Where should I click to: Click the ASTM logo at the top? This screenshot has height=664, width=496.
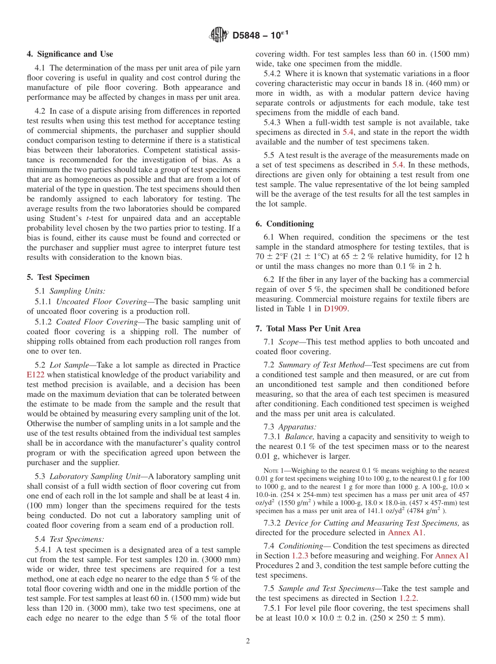[x=218, y=35]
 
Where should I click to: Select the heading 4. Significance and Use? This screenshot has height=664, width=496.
[x=69, y=54]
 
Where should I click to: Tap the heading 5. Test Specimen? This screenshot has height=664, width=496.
[x=58, y=277]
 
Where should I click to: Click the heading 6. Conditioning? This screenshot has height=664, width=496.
[x=285, y=223]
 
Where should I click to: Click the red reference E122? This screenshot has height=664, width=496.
[x=34, y=374]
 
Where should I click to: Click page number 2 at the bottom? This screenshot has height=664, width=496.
[x=248, y=641]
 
